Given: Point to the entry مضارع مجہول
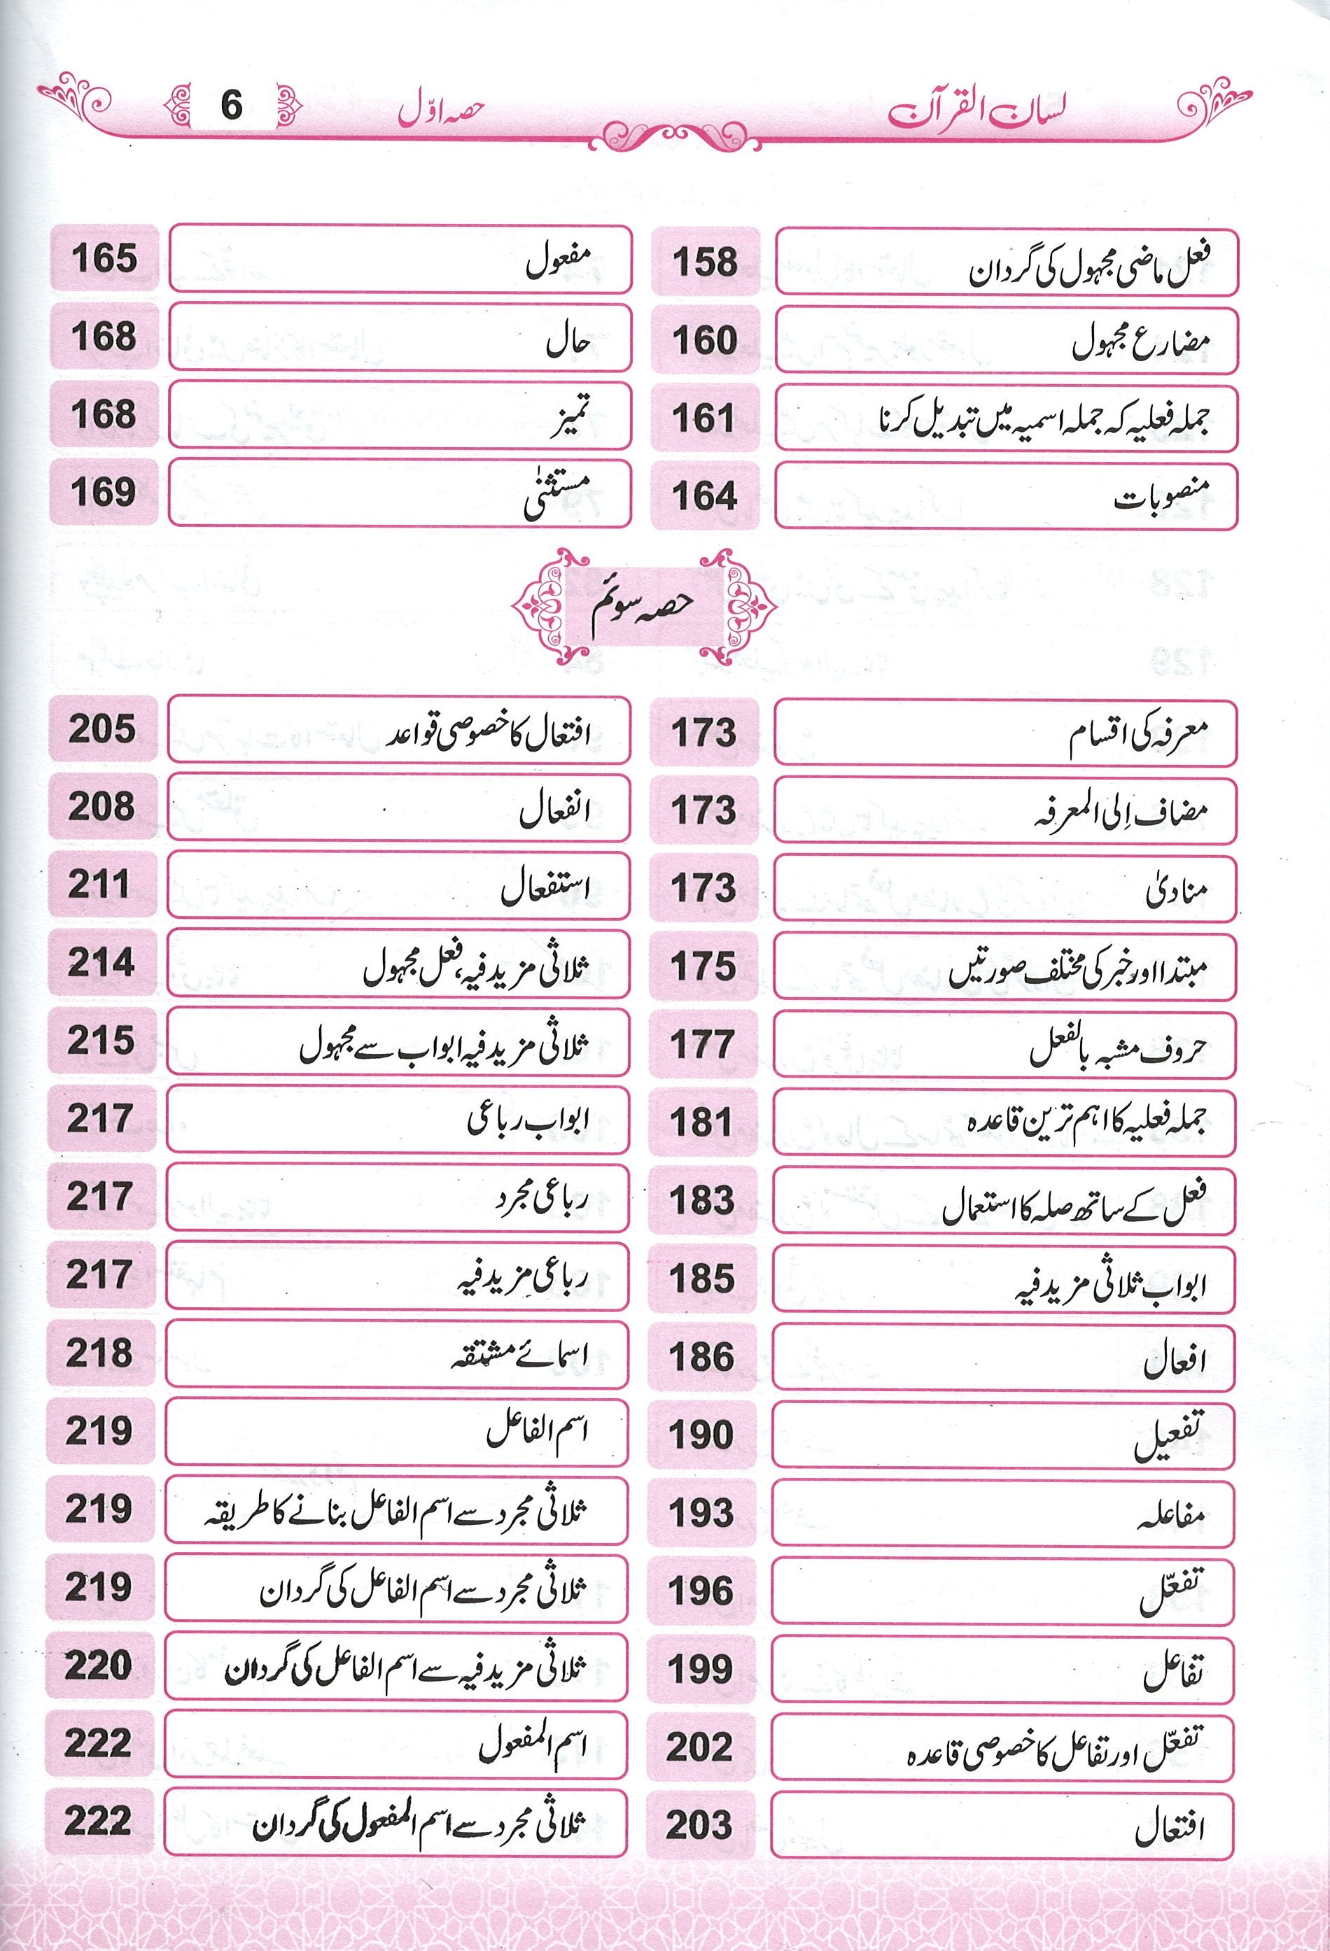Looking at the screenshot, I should click(x=1144, y=342).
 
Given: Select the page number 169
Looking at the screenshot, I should click(x=104, y=492).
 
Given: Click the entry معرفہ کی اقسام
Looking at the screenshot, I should click(x=1137, y=735).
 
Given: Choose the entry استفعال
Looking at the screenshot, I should click(x=546, y=890).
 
